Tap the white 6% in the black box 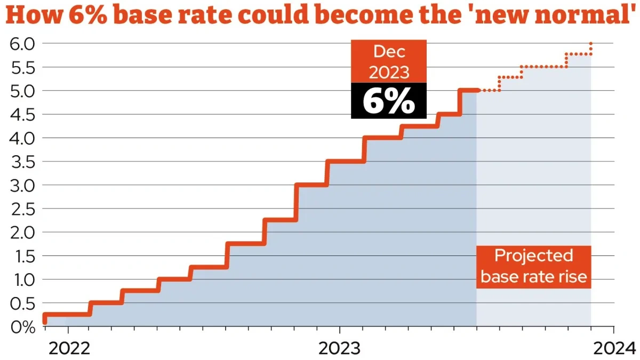tap(388, 101)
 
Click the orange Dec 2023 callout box tap(388, 61)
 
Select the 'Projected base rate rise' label tap(533, 266)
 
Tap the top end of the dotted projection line tap(591, 43)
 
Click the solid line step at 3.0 tap(312, 185)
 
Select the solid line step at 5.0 tap(468, 91)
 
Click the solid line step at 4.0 tap(382, 138)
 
